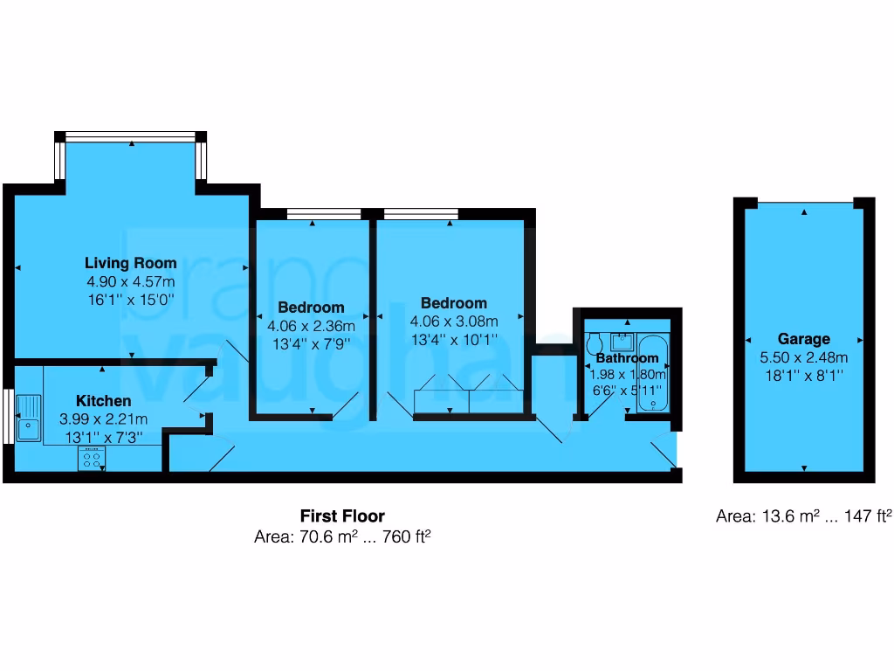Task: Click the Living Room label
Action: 130,263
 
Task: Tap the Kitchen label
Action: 104,400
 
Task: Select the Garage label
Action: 804,339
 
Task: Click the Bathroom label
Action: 627,358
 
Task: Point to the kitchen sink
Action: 29,417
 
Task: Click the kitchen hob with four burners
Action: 92,458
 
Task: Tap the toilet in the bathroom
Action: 595,341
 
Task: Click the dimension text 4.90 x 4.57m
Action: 130,281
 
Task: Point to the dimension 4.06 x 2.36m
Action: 311,326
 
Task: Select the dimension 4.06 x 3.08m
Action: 453,321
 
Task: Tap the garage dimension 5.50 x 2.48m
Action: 804,357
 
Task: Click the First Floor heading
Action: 342,516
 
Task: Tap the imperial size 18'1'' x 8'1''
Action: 804,375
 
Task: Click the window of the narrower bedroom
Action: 324,213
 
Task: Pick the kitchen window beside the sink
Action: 7,417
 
